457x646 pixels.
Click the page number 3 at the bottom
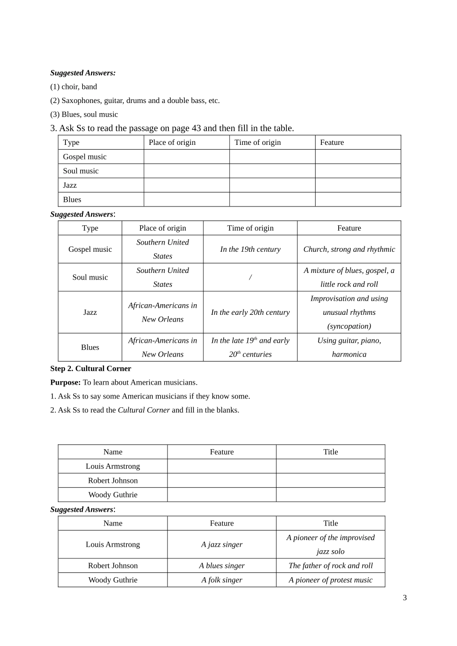[405, 598]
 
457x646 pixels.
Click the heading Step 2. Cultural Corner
[90, 369]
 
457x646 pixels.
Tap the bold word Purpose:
[65, 383]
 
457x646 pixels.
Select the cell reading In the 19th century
[250, 249]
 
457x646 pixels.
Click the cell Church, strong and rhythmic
[349, 249]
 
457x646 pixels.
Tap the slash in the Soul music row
[250, 278]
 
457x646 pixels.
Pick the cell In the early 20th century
[250, 312]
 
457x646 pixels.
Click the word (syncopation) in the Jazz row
[349, 326]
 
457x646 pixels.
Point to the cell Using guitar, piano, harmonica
[349, 347]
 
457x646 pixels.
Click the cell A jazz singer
[222, 544]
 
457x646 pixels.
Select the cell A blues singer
[222, 566]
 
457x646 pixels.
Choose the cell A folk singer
[222, 580]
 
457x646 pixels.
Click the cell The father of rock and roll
[330, 566]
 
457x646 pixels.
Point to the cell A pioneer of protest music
[330, 580]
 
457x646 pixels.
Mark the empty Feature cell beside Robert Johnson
[222, 480]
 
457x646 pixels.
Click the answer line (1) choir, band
[74, 87]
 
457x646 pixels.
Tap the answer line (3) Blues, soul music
[84, 115]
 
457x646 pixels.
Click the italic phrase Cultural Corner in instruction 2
[143, 410]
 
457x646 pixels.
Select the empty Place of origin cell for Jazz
[187, 185]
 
